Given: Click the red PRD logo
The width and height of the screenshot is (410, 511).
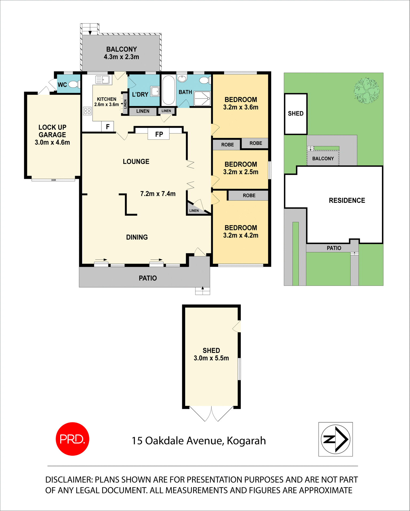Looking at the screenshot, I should [x=72, y=439].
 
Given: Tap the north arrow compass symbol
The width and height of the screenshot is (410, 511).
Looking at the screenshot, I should [x=335, y=439].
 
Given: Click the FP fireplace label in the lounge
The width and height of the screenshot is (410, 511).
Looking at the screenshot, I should [x=159, y=134].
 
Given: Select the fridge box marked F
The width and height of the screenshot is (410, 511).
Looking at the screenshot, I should [x=108, y=127].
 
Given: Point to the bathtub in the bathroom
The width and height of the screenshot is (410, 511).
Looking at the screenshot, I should [x=168, y=90].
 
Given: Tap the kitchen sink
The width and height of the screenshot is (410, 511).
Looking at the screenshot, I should [x=102, y=80].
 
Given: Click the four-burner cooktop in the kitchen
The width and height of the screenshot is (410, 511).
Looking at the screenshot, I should [x=87, y=111].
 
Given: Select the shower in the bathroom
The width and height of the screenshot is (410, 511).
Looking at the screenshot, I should [x=202, y=98].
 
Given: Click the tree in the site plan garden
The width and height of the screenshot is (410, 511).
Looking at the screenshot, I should [x=367, y=90].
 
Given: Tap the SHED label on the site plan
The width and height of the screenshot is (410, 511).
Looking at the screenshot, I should [x=296, y=114].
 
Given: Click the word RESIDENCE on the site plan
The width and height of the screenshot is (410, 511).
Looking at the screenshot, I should [x=347, y=200].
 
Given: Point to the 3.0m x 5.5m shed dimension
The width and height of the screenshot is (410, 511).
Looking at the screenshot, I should [x=211, y=358].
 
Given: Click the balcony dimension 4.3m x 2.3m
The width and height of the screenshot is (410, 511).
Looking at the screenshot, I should [x=121, y=57].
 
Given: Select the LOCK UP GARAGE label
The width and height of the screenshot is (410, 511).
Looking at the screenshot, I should [x=52, y=131].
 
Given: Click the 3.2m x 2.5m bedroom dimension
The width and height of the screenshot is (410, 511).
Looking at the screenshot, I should [x=241, y=172].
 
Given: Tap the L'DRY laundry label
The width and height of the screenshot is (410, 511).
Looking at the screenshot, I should [x=140, y=94].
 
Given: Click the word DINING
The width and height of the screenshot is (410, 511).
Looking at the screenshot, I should [x=137, y=237].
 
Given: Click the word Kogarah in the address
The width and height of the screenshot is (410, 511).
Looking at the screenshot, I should [x=246, y=441].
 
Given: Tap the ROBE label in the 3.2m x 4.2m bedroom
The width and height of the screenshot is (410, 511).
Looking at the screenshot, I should [x=249, y=196].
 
